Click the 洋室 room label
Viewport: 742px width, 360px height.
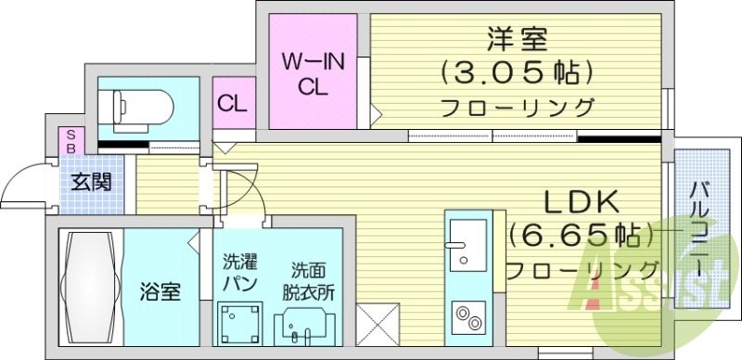click(x=518, y=39)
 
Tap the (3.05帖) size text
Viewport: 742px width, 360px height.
click(x=517, y=71)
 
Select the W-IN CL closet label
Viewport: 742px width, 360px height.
click(x=313, y=73)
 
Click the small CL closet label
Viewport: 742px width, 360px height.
click(x=231, y=103)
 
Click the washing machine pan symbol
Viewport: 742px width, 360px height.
click(x=239, y=325)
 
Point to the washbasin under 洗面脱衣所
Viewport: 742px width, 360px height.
click(x=305, y=330)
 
